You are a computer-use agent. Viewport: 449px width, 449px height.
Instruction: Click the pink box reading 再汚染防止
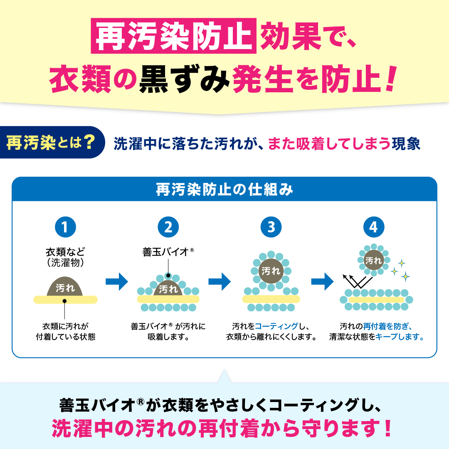click(173, 36)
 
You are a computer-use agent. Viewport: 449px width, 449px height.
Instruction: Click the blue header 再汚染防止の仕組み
click(224, 189)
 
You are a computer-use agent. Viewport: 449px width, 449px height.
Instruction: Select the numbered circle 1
click(65, 227)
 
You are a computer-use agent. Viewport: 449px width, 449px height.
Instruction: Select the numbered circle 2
click(168, 227)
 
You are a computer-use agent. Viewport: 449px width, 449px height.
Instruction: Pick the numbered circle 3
click(271, 227)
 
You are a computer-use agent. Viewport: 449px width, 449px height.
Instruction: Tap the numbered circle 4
click(374, 227)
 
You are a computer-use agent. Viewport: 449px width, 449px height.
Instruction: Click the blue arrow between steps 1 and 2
click(117, 281)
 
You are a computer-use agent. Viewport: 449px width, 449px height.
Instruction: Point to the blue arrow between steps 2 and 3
click(220, 281)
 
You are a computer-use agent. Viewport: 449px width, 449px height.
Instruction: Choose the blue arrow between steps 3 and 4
click(323, 281)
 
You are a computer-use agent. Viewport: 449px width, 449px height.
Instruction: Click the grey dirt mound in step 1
click(65, 286)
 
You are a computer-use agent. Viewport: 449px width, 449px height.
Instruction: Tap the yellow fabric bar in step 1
click(65, 300)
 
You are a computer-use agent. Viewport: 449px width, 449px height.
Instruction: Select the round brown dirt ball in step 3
click(271, 271)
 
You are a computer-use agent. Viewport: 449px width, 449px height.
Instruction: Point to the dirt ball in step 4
click(373, 260)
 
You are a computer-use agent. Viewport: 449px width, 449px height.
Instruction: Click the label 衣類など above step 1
click(65, 252)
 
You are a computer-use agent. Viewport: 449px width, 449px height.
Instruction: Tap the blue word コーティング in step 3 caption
click(276, 326)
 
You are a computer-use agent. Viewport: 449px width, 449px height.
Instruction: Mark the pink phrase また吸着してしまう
click(329, 143)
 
